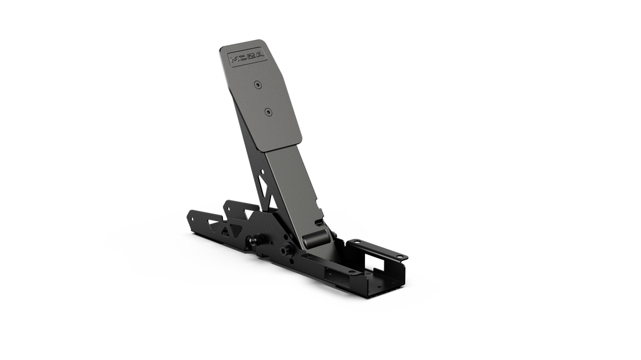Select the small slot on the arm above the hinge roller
click(319, 221)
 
